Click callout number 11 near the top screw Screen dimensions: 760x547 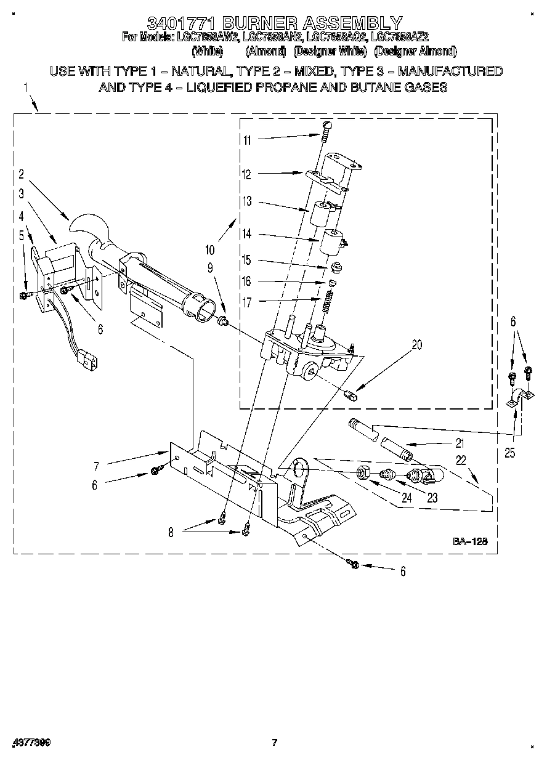click(247, 140)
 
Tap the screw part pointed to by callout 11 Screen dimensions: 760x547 click(327, 127)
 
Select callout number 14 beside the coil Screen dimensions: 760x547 click(247, 235)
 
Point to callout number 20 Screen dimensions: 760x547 click(416, 346)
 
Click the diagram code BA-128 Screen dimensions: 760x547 click(471, 542)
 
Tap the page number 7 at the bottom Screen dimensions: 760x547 click(275, 743)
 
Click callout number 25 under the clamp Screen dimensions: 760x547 click(508, 454)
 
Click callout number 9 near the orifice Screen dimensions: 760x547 click(210, 267)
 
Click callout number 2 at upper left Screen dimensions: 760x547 click(21, 174)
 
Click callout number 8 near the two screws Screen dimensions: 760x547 click(171, 533)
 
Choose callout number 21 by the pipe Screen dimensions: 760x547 click(460, 443)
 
